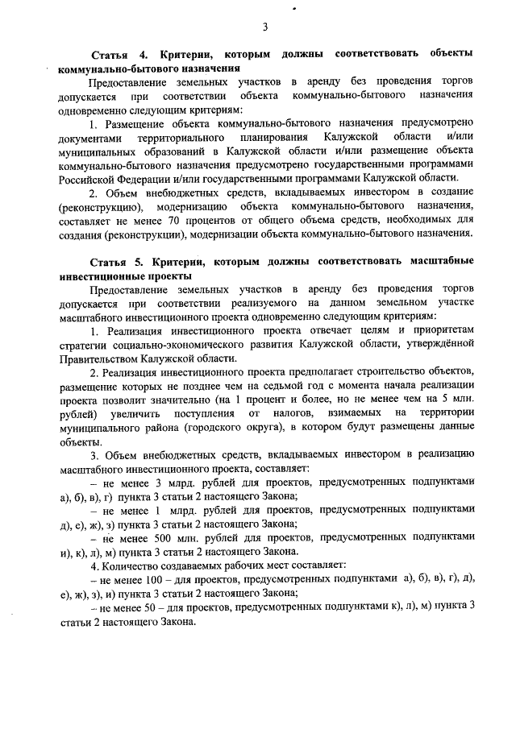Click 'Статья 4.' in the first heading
pos(117,54)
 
